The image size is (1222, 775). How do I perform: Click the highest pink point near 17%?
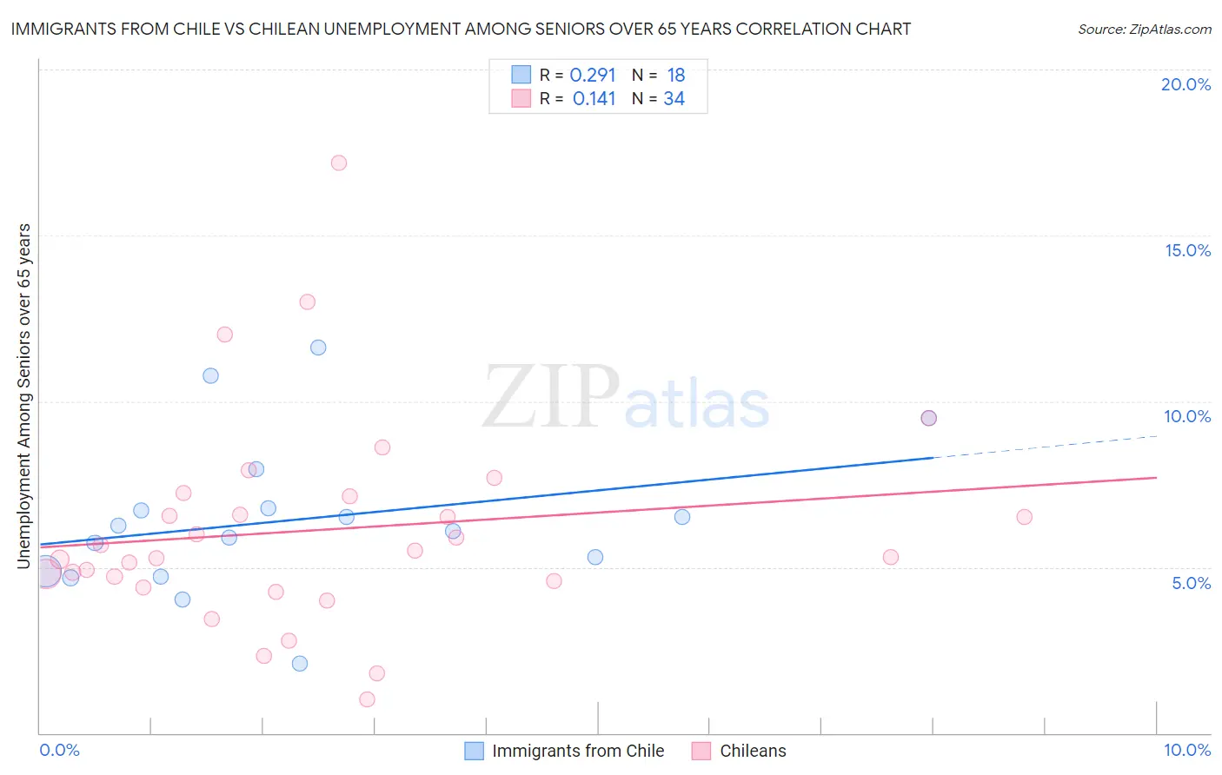click(339, 162)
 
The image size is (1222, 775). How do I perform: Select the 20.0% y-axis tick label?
click(1185, 84)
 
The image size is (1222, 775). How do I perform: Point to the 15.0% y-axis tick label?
click(1187, 250)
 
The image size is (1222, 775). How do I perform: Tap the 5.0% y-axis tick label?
click(1191, 583)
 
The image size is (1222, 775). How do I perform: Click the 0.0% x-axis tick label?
click(59, 750)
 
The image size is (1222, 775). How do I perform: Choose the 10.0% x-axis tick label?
click(1186, 750)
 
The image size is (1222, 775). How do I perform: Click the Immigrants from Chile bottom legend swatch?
click(474, 751)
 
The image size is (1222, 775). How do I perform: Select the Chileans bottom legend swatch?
click(701, 751)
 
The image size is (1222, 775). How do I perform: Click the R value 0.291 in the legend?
click(593, 75)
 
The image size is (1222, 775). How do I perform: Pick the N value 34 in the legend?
click(674, 98)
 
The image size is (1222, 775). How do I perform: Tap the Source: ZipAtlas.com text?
click(1144, 29)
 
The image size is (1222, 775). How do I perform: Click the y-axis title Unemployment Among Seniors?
click(23, 396)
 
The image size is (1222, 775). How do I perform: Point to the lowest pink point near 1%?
click(367, 699)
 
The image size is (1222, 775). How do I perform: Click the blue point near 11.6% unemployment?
click(318, 348)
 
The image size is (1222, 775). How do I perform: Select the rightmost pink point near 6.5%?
click(1024, 517)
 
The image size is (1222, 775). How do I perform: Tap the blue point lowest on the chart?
click(300, 664)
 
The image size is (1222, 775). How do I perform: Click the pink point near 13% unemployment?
click(307, 302)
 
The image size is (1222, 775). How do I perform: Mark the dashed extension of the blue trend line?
click(1043, 447)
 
